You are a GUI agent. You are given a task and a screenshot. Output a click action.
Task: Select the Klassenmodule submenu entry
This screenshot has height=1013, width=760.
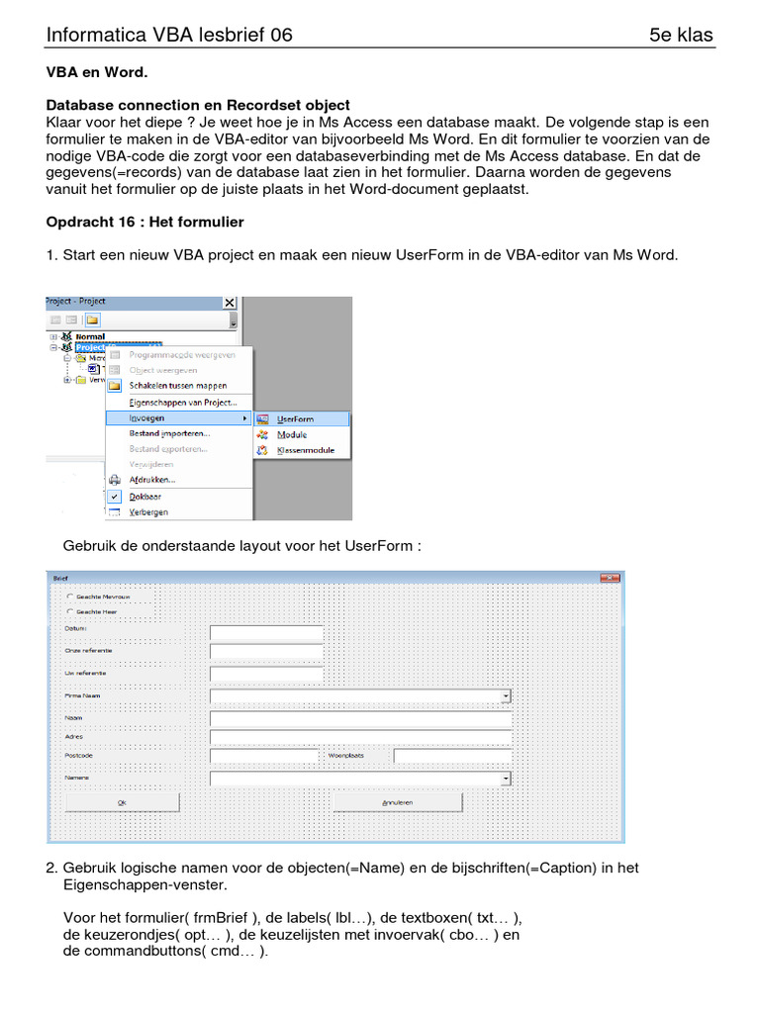[305, 450]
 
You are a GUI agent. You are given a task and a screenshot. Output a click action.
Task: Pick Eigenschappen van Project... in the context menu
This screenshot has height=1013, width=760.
[182, 403]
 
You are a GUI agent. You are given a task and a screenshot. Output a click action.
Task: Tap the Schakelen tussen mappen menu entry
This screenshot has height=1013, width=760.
[177, 386]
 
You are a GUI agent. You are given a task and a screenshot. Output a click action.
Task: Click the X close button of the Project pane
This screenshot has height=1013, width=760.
[231, 303]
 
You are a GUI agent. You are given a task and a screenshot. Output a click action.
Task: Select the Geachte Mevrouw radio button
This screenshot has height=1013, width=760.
[68, 597]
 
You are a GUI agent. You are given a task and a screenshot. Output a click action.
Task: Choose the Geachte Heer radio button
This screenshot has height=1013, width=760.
[68, 612]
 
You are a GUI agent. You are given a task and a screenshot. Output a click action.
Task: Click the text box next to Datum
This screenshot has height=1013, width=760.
[267, 633]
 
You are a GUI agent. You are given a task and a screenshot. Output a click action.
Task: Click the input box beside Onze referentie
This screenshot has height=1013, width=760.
[267, 652]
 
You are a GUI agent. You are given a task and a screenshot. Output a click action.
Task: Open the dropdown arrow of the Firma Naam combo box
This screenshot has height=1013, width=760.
[506, 696]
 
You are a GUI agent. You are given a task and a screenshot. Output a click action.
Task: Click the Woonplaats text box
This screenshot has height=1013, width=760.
[452, 757]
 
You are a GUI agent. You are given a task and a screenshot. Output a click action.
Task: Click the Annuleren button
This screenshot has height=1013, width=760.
[399, 802]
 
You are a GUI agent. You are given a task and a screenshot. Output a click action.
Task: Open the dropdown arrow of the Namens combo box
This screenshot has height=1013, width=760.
[506, 779]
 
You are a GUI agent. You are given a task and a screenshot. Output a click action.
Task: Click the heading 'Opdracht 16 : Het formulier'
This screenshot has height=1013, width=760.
[144, 222]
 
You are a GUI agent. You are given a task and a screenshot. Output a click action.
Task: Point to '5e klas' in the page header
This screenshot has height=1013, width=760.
[681, 36]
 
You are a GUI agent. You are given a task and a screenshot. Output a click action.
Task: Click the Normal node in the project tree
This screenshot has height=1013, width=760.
[89, 336]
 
